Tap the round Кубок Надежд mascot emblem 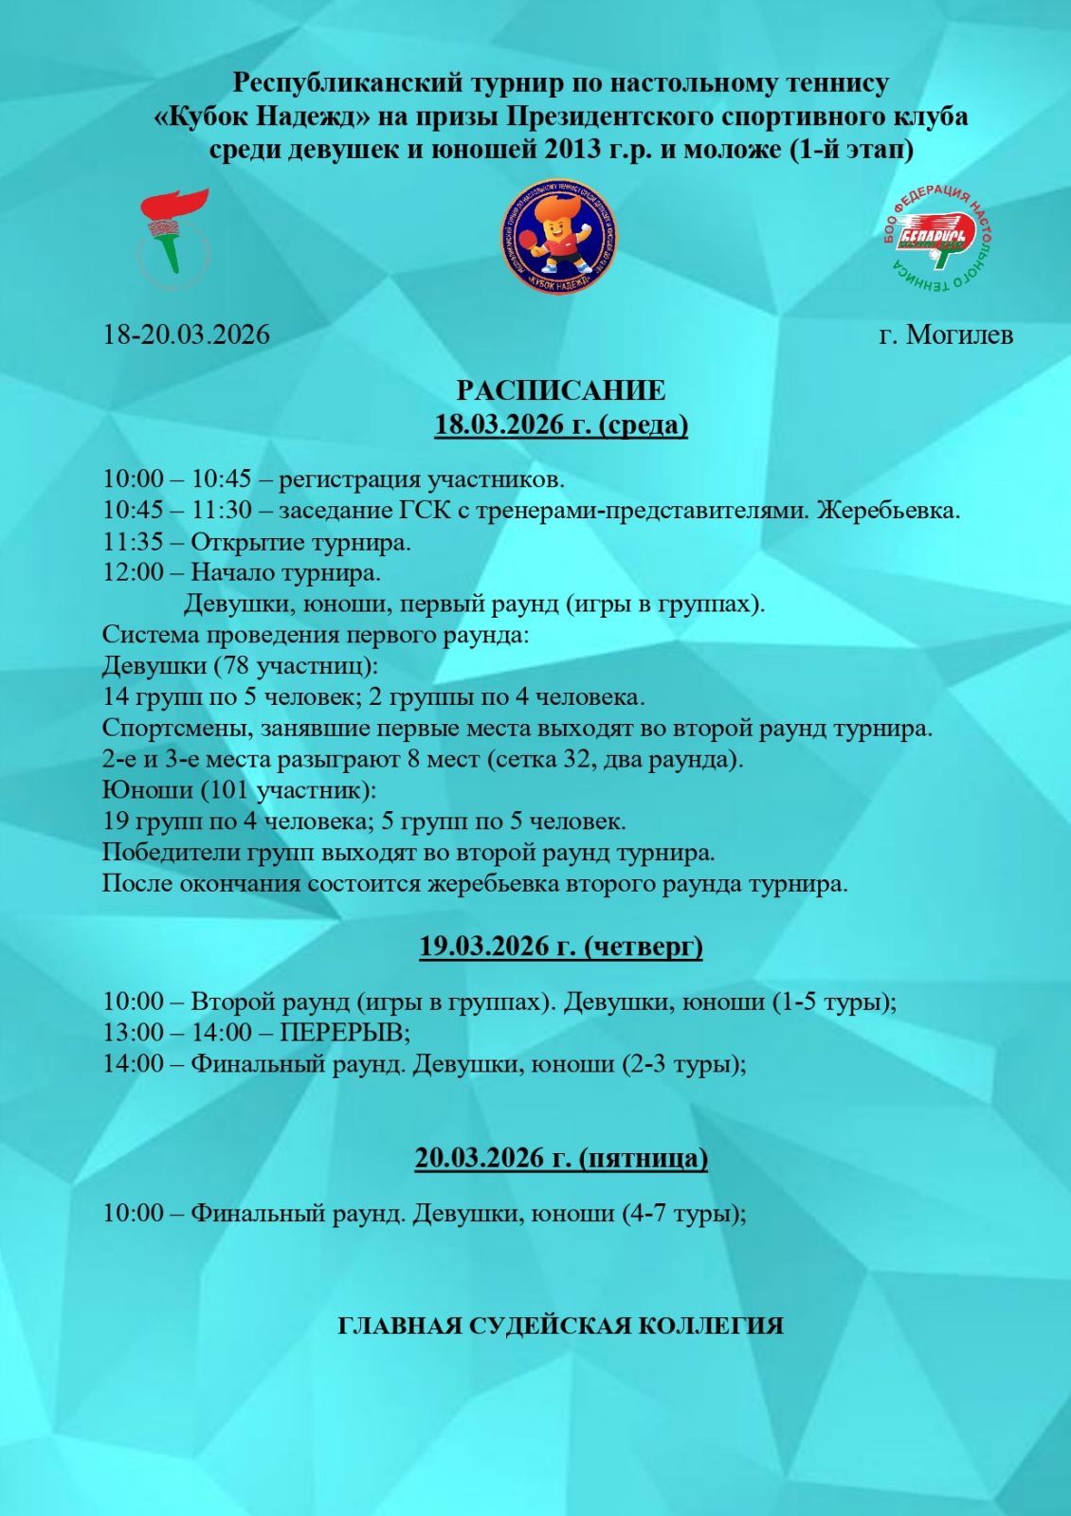coord(558,237)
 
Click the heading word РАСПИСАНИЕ coord(561,390)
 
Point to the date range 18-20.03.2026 coord(187,334)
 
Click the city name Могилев coord(959,334)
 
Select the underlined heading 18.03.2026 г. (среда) coord(561,424)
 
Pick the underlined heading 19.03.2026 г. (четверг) coord(561,946)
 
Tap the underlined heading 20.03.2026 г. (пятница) coord(561,1158)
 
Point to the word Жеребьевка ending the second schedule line coord(887,511)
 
